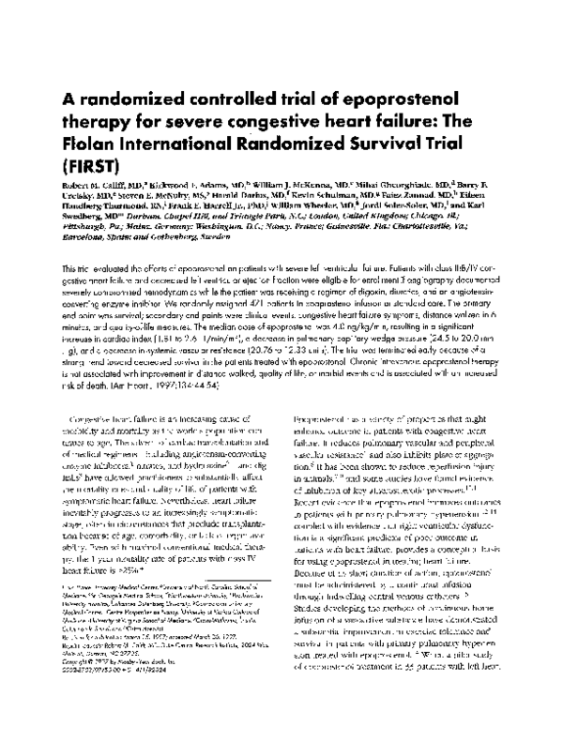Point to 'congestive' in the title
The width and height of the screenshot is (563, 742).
coord(287,124)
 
